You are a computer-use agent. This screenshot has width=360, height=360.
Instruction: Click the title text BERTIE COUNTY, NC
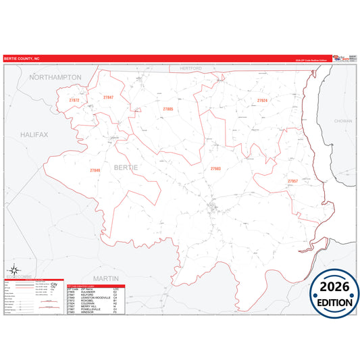(22, 59)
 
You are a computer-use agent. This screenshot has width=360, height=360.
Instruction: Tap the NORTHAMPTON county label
(55, 78)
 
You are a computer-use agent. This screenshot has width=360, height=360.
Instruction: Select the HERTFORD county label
(191, 68)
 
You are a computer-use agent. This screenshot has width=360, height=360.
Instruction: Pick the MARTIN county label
(106, 278)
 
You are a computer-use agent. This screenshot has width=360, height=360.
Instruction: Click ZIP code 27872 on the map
(74, 101)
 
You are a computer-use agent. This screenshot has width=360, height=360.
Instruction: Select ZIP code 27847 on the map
(109, 98)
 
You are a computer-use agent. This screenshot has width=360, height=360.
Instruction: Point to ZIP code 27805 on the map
(168, 109)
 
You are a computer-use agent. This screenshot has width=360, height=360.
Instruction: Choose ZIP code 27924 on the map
(262, 100)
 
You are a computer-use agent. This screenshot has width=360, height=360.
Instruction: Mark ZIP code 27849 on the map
(95, 170)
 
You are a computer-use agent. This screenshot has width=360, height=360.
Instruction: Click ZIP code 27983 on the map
(215, 168)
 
